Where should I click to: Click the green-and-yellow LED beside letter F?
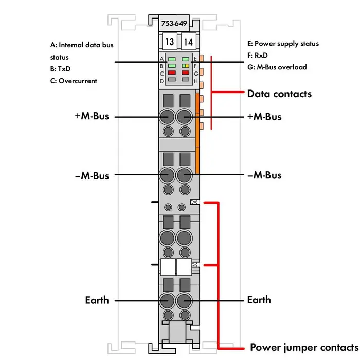186,66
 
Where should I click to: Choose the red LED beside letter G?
186,73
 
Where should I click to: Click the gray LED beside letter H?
186,80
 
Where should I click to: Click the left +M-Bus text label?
92,117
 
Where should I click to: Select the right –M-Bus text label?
264,175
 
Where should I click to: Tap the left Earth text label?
97,300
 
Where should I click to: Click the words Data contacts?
279,94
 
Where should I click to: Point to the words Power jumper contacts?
303,347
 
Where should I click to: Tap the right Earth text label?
259,300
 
